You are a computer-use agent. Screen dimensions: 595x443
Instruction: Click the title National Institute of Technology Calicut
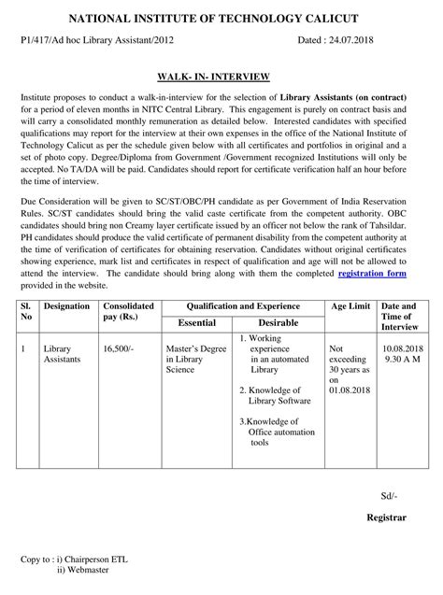point(221,18)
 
